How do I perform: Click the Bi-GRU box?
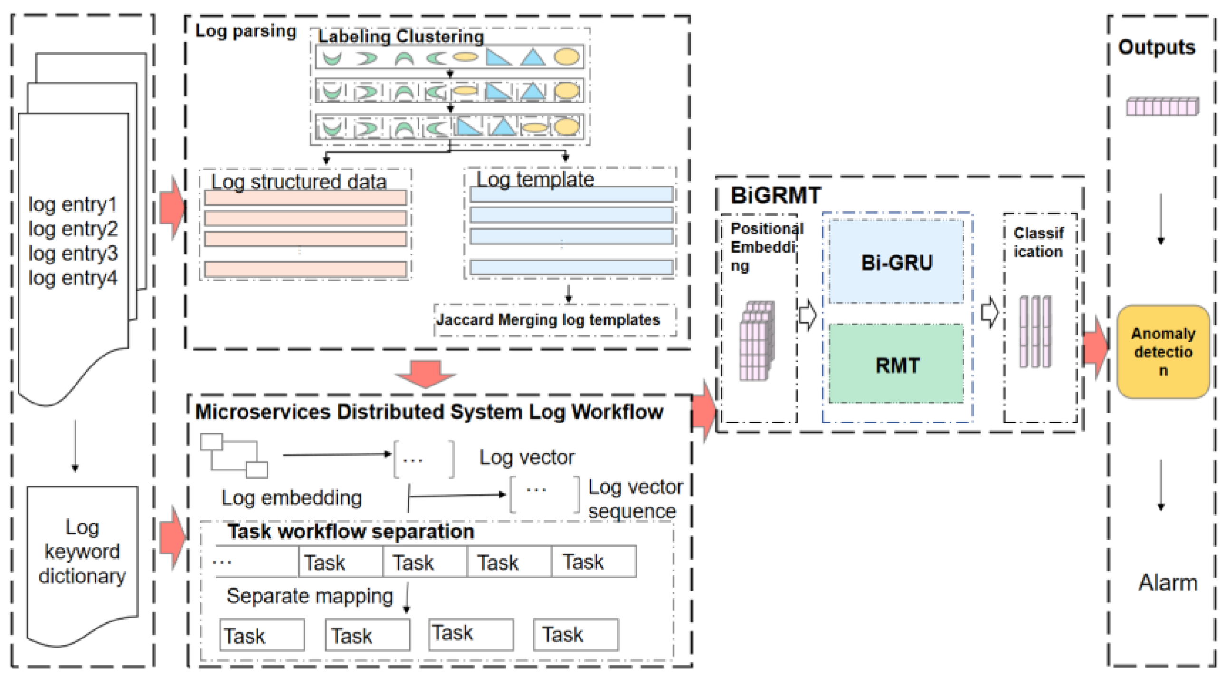(x=896, y=262)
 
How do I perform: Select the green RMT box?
(x=896, y=365)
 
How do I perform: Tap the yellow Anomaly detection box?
(x=1163, y=352)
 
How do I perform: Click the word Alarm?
(x=1168, y=583)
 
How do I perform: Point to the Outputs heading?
(x=1156, y=47)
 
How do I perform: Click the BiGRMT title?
(x=776, y=195)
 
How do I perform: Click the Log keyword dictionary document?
(x=82, y=552)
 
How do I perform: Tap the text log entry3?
(x=73, y=253)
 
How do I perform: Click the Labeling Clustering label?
(x=401, y=37)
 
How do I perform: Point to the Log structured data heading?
(x=298, y=182)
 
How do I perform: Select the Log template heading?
(x=535, y=179)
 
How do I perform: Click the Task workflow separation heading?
(x=351, y=532)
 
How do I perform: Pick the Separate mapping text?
(x=310, y=596)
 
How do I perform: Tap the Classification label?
(x=1038, y=242)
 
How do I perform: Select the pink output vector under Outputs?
(x=1162, y=106)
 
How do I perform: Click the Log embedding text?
(x=291, y=498)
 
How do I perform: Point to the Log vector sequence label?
(x=635, y=499)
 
